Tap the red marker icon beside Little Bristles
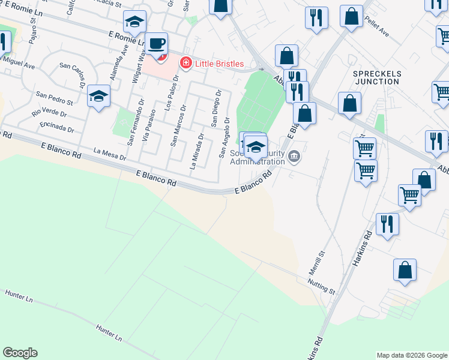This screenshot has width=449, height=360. [186, 63]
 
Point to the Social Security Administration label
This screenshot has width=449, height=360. [257, 157]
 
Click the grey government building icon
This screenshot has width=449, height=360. [294, 157]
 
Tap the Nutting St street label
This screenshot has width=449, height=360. [321, 286]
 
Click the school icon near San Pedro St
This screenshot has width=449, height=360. [98, 96]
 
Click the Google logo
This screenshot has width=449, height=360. [20, 353]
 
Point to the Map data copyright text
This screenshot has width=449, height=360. [412, 355]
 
